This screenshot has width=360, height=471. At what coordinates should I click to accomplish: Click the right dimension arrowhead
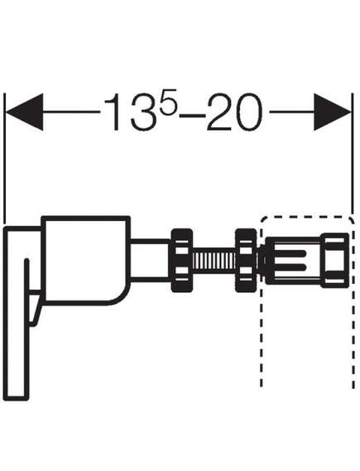332,112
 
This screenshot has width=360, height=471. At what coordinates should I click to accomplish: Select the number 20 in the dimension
234,113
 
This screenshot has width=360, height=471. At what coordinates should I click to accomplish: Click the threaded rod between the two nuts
214,261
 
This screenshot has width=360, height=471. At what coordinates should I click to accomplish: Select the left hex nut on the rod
181,261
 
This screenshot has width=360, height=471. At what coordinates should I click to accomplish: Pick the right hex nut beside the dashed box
246,261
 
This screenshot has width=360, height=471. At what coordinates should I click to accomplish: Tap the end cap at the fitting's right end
335,261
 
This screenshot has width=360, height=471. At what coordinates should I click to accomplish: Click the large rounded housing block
86,261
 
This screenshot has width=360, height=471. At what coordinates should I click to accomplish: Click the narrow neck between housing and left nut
151,261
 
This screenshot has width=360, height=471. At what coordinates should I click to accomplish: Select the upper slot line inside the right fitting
290,254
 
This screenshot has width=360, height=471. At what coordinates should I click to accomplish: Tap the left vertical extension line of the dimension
4,158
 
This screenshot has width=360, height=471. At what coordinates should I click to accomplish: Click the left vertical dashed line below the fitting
262,336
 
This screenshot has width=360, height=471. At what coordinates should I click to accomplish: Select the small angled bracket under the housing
36,310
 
